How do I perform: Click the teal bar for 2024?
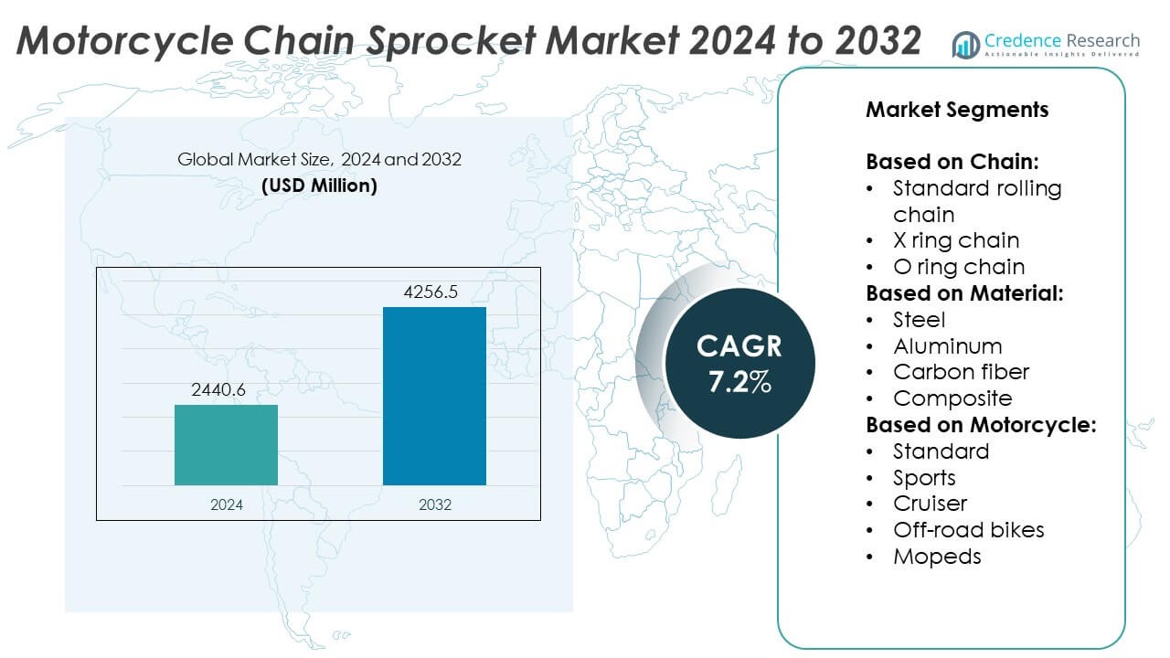click(x=226, y=444)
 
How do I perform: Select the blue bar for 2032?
click(x=434, y=396)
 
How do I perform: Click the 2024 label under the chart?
click(x=226, y=504)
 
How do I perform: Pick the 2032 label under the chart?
click(x=434, y=504)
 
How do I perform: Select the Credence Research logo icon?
click(x=965, y=44)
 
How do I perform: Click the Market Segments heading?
click(x=957, y=110)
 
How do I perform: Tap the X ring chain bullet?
click(x=955, y=240)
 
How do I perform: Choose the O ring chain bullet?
click(x=958, y=267)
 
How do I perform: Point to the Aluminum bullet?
click(x=947, y=346)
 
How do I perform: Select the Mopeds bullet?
click(x=937, y=557)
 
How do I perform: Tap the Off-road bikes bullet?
click(x=968, y=530)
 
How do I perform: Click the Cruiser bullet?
click(x=930, y=504)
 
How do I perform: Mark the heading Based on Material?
click(x=963, y=293)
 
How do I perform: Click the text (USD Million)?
click(x=319, y=186)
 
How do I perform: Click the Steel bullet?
click(x=919, y=320)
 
